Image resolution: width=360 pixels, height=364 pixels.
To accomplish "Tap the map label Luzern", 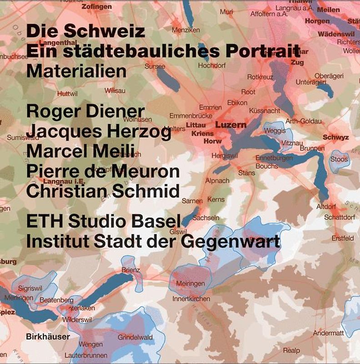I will point(230,125).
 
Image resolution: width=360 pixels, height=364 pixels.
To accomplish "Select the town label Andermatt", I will point(328,333).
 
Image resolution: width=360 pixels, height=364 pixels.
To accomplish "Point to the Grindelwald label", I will point(135,338).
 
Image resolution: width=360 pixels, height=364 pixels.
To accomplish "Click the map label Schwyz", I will point(335,137).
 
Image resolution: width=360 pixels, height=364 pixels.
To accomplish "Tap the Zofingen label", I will point(97,7).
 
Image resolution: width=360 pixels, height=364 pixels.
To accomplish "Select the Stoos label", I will point(339,159).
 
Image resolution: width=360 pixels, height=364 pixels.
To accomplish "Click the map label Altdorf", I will point(326,207).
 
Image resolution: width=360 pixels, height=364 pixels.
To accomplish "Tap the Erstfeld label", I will point(342,238).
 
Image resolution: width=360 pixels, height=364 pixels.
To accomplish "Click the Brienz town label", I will point(130,270).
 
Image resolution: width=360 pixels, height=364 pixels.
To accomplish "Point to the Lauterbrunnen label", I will point(86,355).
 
